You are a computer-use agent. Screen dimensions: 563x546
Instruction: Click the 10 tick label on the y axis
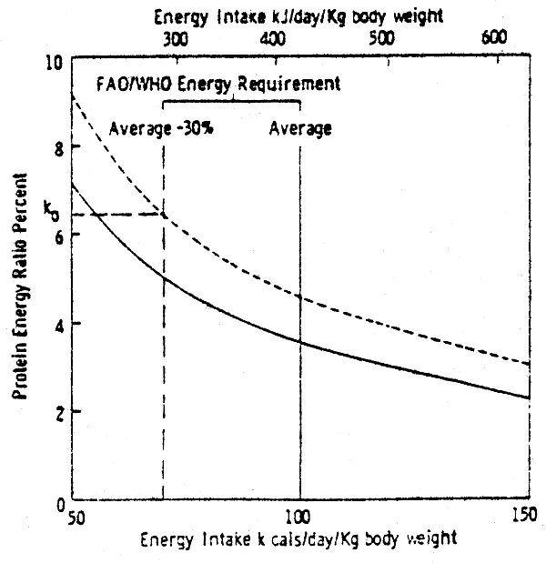pyautogui.click(x=54, y=62)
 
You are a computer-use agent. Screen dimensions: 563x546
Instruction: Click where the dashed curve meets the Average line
pyautogui.click(x=299, y=295)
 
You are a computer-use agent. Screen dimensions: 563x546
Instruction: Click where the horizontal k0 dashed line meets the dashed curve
pyautogui.click(x=163, y=215)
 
